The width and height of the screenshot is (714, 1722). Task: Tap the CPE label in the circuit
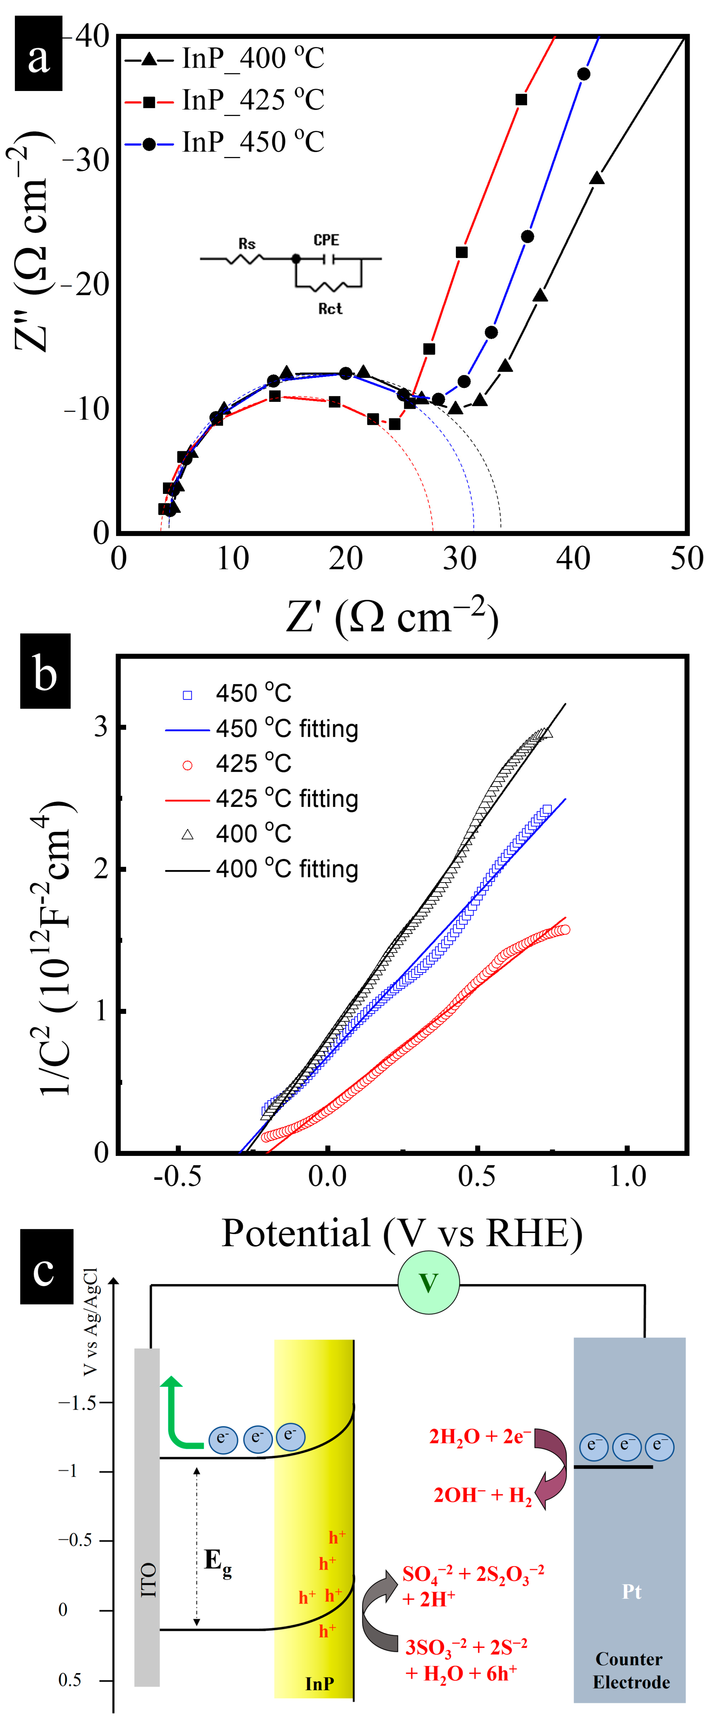click(326, 240)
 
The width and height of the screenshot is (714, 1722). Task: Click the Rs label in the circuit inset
click(247, 244)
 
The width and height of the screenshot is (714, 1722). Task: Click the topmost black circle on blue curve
click(584, 74)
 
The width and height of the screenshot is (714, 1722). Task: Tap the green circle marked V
click(428, 1283)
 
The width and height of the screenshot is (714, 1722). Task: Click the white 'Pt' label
click(631, 1592)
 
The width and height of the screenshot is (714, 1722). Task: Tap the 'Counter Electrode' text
click(630, 1670)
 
